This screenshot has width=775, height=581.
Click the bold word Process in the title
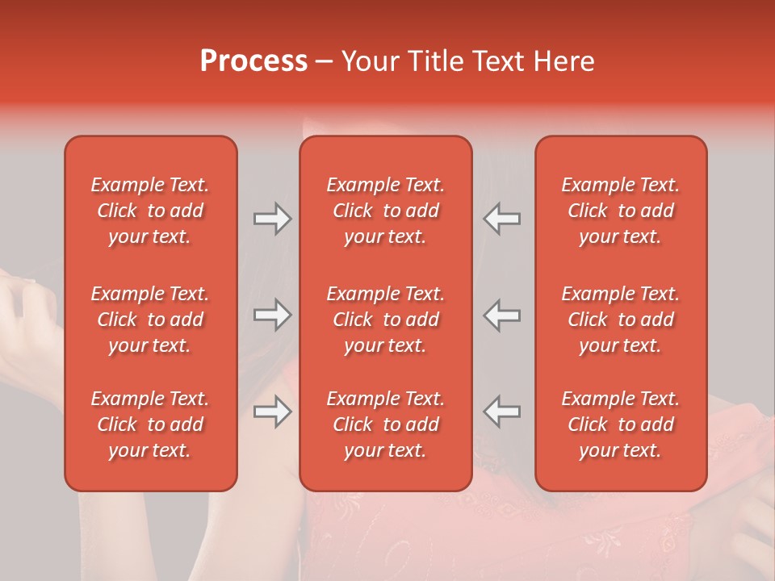pyautogui.click(x=253, y=61)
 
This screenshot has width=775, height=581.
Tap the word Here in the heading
pyautogui.click(x=564, y=61)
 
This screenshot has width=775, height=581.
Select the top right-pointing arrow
pyautogui.click(x=272, y=219)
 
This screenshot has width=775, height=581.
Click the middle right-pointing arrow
pyautogui.click(x=272, y=315)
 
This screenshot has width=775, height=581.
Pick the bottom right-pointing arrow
pyautogui.click(x=272, y=412)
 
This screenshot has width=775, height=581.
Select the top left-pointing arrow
pyautogui.click(x=501, y=219)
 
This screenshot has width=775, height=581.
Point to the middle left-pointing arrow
pyautogui.click(x=501, y=315)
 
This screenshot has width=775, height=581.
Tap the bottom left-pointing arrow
pyautogui.click(x=501, y=412)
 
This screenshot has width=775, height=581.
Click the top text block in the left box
pyautogui.click(x=150, y=211)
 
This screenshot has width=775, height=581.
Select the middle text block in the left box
pyautogui.click(x=150, y=320)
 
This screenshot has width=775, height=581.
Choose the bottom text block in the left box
pyautogui.click(x=150, y=424)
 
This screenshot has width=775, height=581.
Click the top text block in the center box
pyautogui.click(x=385, y=211)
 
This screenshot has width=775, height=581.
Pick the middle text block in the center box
pyautogui.click(x=385, y=320)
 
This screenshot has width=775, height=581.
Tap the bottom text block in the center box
pyautogui.click(x=385, y=424)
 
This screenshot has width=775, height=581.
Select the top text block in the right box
pyautogui.click(x=620, y=211)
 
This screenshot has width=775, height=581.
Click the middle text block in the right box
pyautogui.click(x=620, y=320)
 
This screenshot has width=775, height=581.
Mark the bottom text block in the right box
pyautogui.click(x=620, y=424)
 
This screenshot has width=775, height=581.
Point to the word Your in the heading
pyautogui.click(x=371, y=61)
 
